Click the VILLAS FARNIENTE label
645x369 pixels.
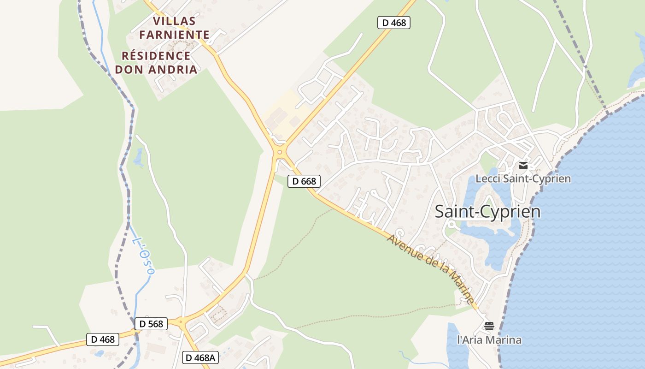click(x=174, y=28)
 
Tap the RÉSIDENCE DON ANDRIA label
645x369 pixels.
click(x=156, y=63)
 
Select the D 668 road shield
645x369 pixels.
click(x=304, y=181)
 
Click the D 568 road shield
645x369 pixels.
click(x=151, y=324)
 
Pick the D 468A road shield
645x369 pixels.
click(x=200, y=357)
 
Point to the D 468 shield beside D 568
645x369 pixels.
click(x=103, y=339)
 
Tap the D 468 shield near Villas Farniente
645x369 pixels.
click(x=393, y=23)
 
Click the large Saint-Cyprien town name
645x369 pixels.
click(x=487, y=212)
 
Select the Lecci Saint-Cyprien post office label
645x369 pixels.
click(x=523, y=179)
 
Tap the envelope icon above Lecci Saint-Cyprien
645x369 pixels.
click(x=523, y=165)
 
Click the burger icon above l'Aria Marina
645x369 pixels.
click(x=489, y=326)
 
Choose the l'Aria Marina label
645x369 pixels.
click(x=489, y=340)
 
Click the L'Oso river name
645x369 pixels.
click(x=143, y=256)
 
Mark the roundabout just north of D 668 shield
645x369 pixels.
click(x=279, y=152)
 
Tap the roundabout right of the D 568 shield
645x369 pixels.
click(x=181, y=322)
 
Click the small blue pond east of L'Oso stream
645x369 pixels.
click(x=138, y=158)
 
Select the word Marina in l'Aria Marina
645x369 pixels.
click(x=506, y=340)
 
